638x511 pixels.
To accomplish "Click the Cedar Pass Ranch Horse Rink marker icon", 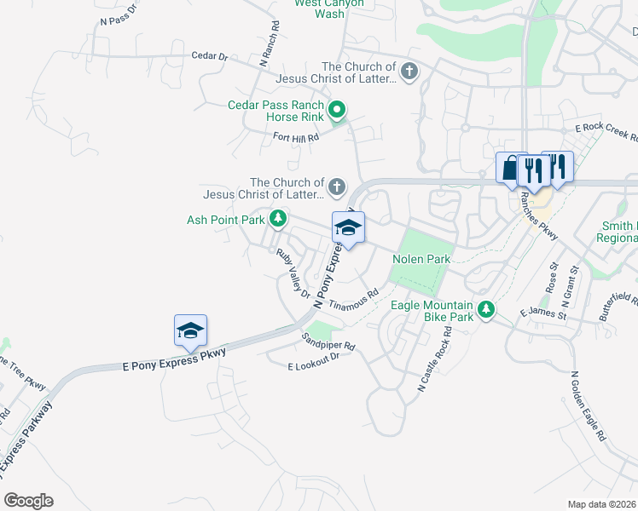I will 337,110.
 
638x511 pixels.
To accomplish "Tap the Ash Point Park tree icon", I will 277,220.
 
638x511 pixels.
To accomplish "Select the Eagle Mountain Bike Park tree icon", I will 486,309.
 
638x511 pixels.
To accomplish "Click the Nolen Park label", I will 420,259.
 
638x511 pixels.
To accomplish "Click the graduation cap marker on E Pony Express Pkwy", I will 190,331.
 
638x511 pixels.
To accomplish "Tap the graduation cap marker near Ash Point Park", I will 348,228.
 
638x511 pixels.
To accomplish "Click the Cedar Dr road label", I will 209,56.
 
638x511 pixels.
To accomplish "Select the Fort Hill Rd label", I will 295,136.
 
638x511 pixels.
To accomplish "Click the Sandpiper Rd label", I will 328,347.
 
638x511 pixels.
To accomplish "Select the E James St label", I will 543,314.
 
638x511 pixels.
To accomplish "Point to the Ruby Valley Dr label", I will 293,273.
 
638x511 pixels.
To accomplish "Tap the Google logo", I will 28,500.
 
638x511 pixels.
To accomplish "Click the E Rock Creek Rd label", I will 607,129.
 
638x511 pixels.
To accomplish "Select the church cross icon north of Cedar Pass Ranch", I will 409,71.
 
